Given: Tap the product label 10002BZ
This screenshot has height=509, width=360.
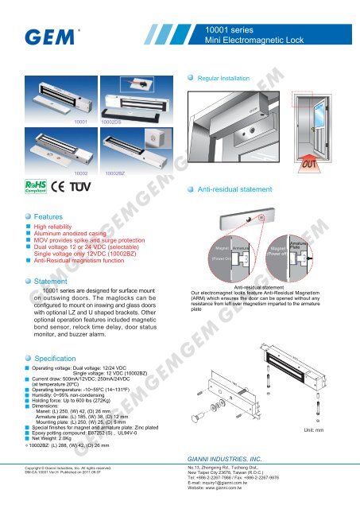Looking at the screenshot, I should pos(117,172).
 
